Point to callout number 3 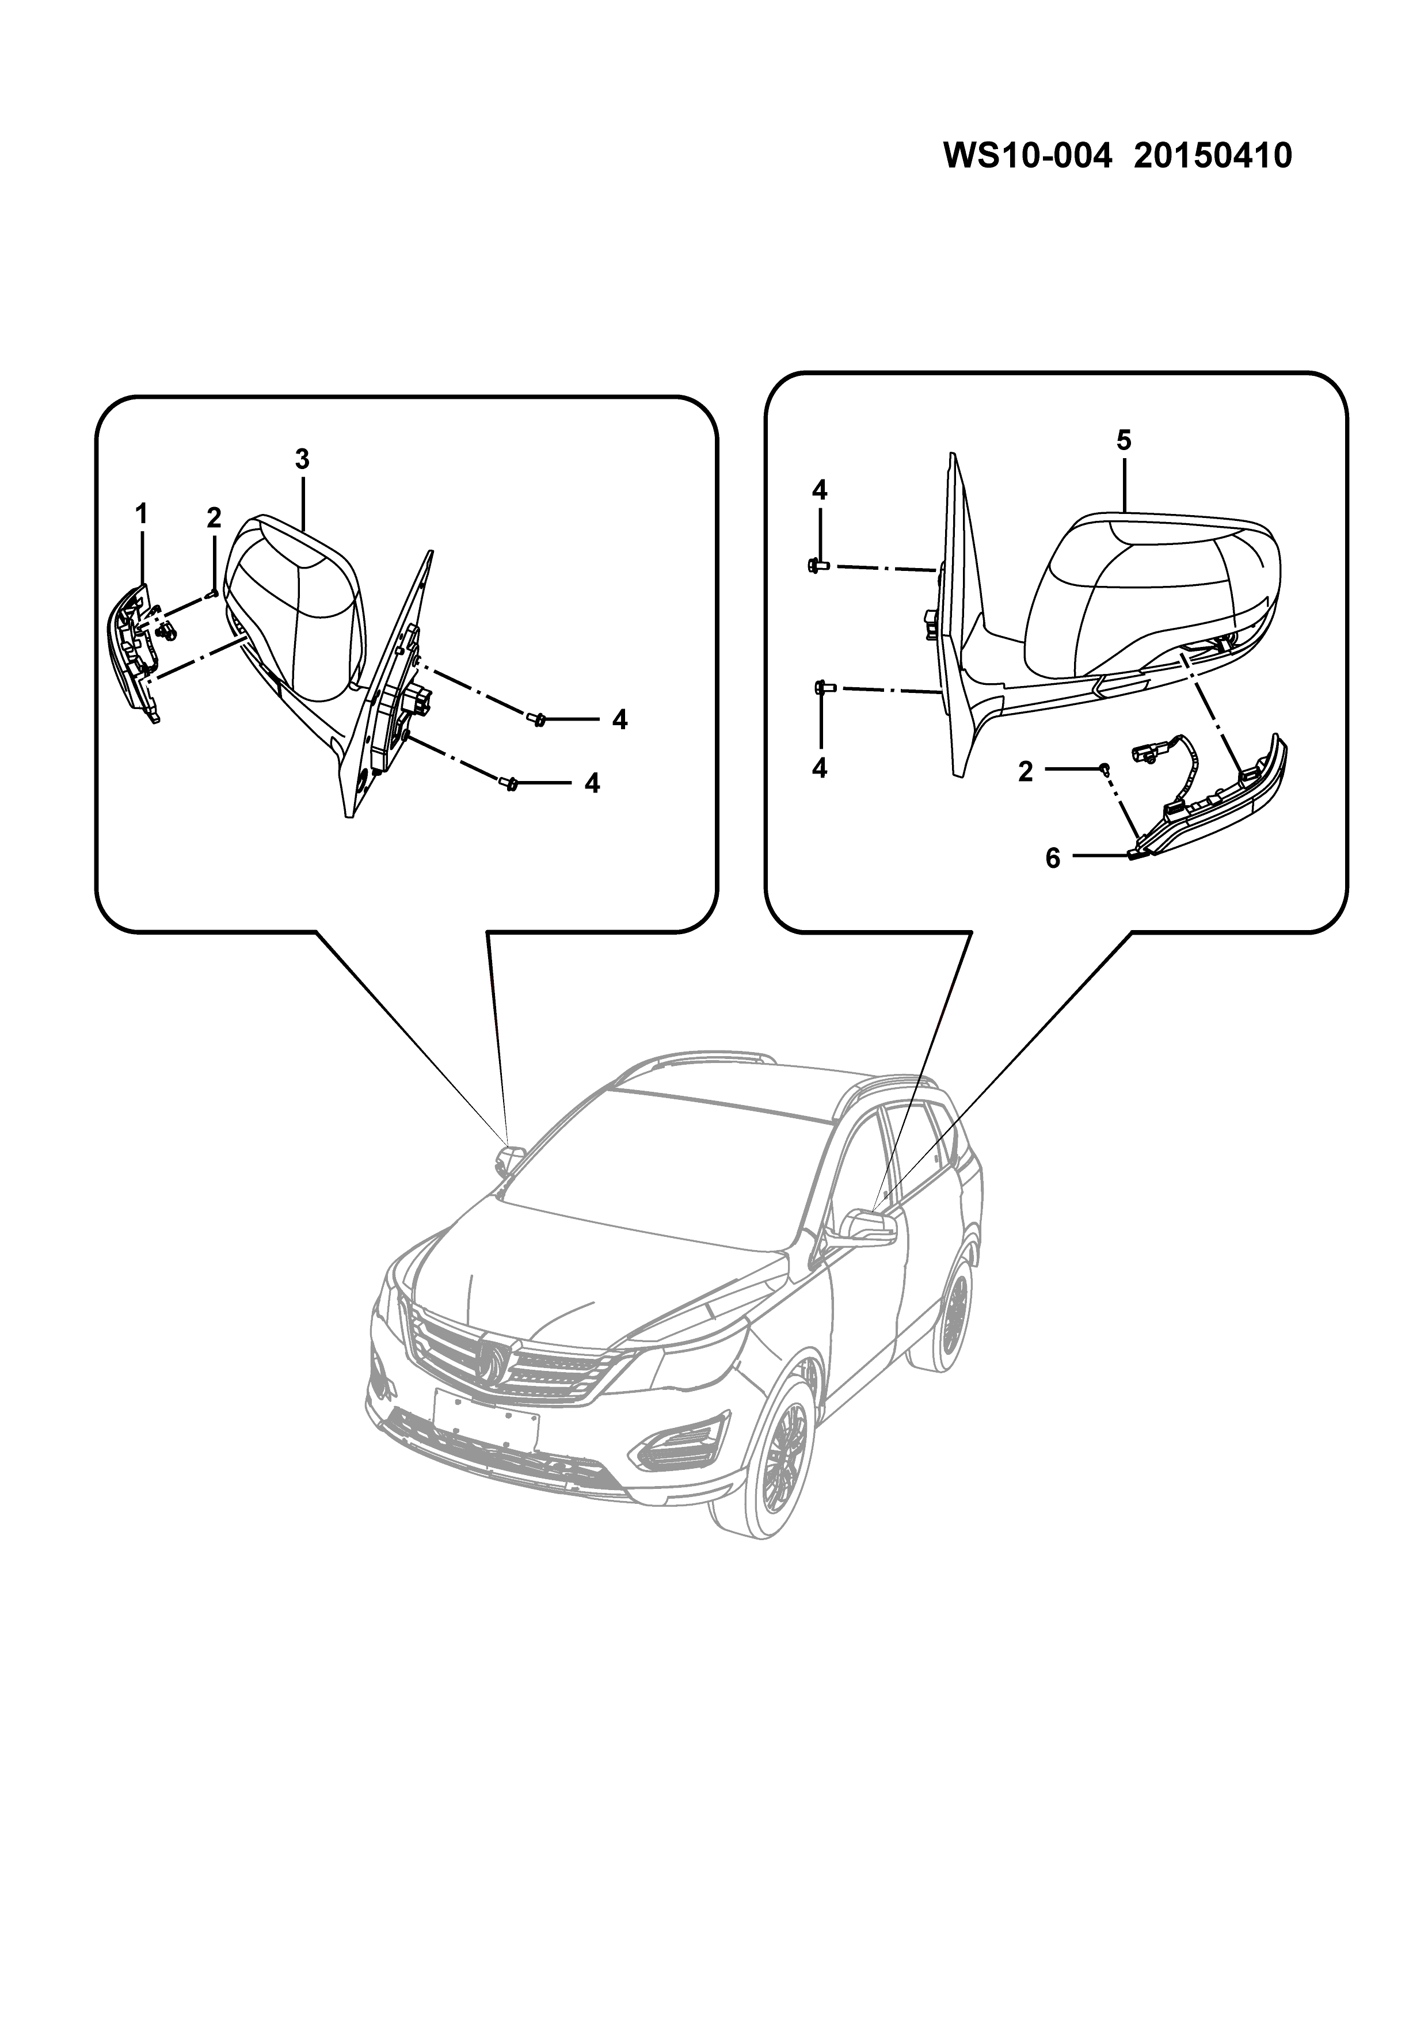click(302, 459)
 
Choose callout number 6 click(1053, 858)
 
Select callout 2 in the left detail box click(214, 518)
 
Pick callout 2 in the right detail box click(1025, 772)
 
